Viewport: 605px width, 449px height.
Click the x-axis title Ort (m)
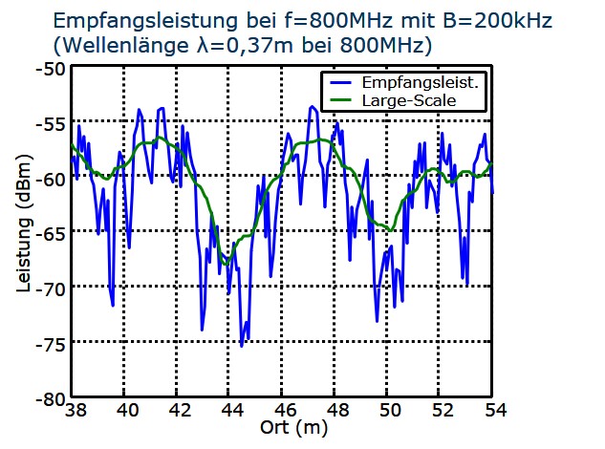pos(294,427)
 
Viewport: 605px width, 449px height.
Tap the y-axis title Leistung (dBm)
pos(23,227)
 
